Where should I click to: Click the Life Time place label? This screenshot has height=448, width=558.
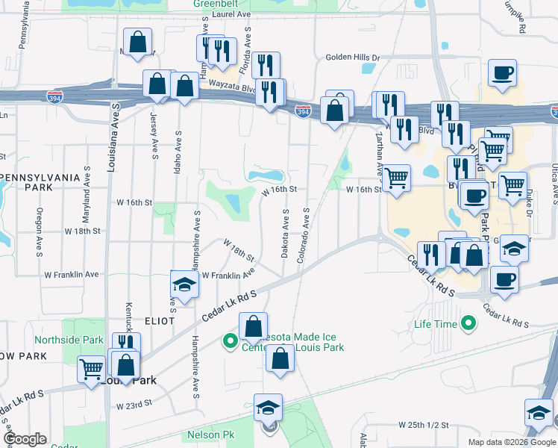coord(434,325)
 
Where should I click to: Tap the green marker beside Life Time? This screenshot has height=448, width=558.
coord(468,324)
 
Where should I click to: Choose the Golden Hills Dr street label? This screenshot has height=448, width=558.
coord(353,57)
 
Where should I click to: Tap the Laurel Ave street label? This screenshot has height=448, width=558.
coord(233,14)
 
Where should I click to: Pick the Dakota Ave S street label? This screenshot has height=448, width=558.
coord(286,234)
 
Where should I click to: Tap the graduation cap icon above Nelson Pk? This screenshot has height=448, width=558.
coord(268,408)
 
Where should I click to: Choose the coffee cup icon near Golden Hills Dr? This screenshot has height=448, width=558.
coord(502,74)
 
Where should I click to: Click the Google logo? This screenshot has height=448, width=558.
coord(25,439)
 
